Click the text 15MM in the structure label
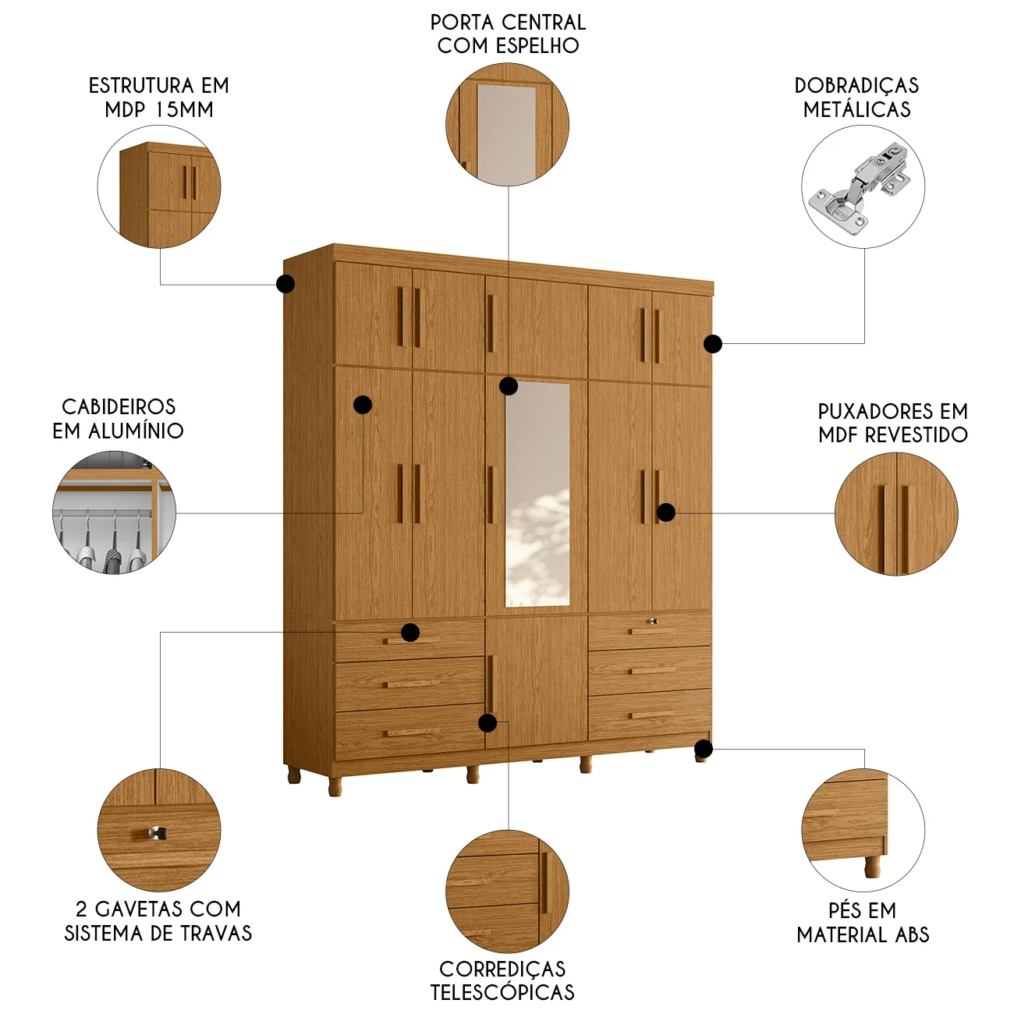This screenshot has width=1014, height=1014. (185, 109)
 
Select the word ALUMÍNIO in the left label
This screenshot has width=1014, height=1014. (136, 431)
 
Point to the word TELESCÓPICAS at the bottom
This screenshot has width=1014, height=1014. (502, 992)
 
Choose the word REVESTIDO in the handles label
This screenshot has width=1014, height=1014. (916, 434)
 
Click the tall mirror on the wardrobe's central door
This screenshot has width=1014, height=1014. (537, 495)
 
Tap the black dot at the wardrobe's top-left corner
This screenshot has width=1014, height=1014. (285, 284)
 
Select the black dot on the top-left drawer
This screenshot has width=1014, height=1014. (410, 632)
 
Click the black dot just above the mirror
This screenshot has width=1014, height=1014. (509, 385)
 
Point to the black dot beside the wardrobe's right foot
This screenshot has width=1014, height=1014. (704, 748)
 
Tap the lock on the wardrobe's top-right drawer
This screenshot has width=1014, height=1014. (654, 622)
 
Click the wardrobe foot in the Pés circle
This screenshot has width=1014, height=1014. (872, 867)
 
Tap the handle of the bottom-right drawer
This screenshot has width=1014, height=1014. (653, 715)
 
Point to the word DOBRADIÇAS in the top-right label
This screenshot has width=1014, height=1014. (856, 85)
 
